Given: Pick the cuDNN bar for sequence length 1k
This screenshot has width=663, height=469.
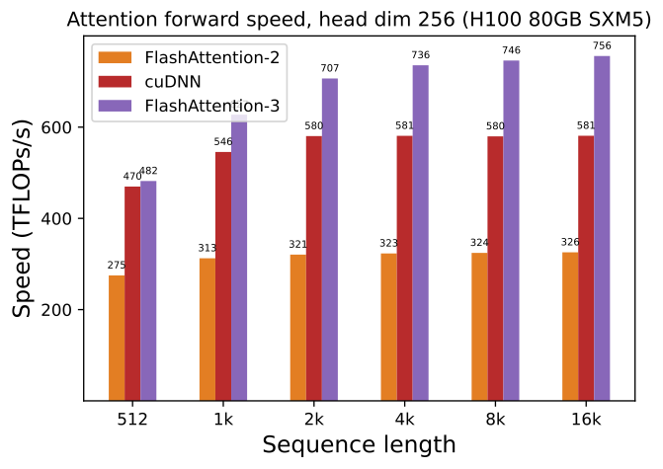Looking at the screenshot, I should pyautogui.click(x=223, y=275).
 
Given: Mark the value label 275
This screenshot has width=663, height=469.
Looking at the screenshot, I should pyautogui.click(x=117, y=265).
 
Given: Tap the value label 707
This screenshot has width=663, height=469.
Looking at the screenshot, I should pyautogui.click(x=330, y=68).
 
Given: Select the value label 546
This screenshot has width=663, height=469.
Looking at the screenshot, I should pyautogui.click(x=223, y=142).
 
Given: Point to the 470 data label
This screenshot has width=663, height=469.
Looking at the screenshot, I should pyautogui.click(x=132, y=177).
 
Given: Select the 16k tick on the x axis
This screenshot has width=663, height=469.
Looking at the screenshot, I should pyautogui.click(x=586, y=419).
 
